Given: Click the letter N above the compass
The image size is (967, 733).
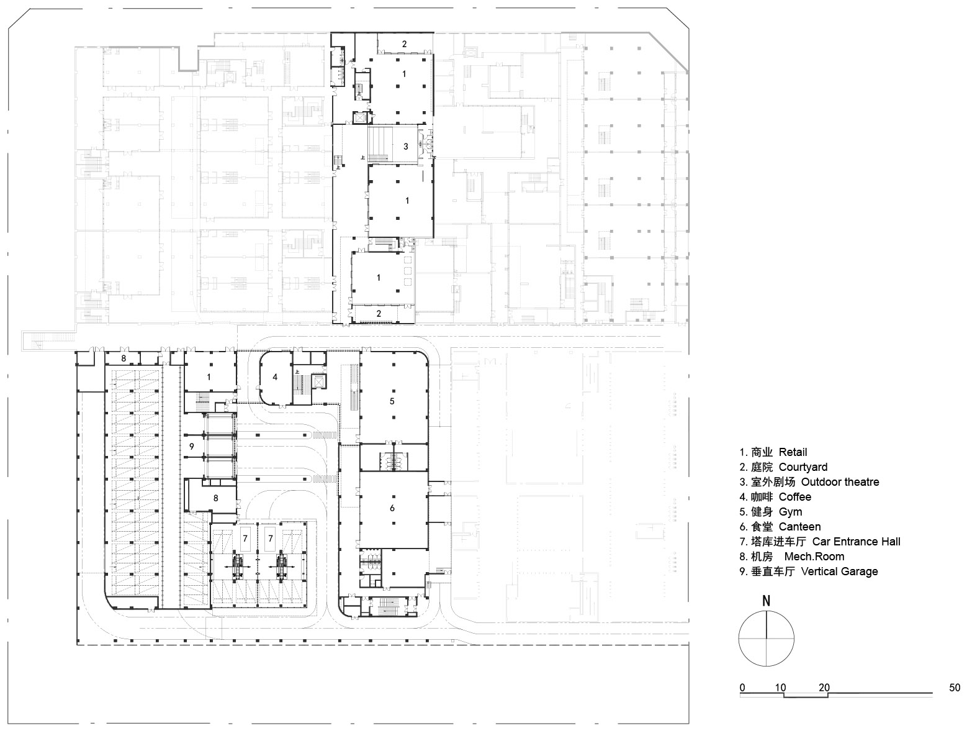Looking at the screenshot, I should click(x=767, y=601).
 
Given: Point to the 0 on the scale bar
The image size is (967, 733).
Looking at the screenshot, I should click(x=742, y=688).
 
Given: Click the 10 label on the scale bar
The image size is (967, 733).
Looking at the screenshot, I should click(x=781, y=688).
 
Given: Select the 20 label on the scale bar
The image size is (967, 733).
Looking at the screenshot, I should click(x=824, y=688).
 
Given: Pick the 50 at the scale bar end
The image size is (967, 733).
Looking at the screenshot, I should click(x=955, y=688).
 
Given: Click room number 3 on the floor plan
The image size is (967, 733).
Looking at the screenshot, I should click(x=405, y=147).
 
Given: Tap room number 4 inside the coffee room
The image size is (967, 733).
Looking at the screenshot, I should click(x=275, y=376).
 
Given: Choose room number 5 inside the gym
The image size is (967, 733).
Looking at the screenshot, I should click(x=392, y=401).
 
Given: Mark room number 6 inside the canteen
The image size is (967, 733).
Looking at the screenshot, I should click(x=392, y=508).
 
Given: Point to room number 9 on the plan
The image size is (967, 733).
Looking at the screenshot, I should click(x=192, y=447).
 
